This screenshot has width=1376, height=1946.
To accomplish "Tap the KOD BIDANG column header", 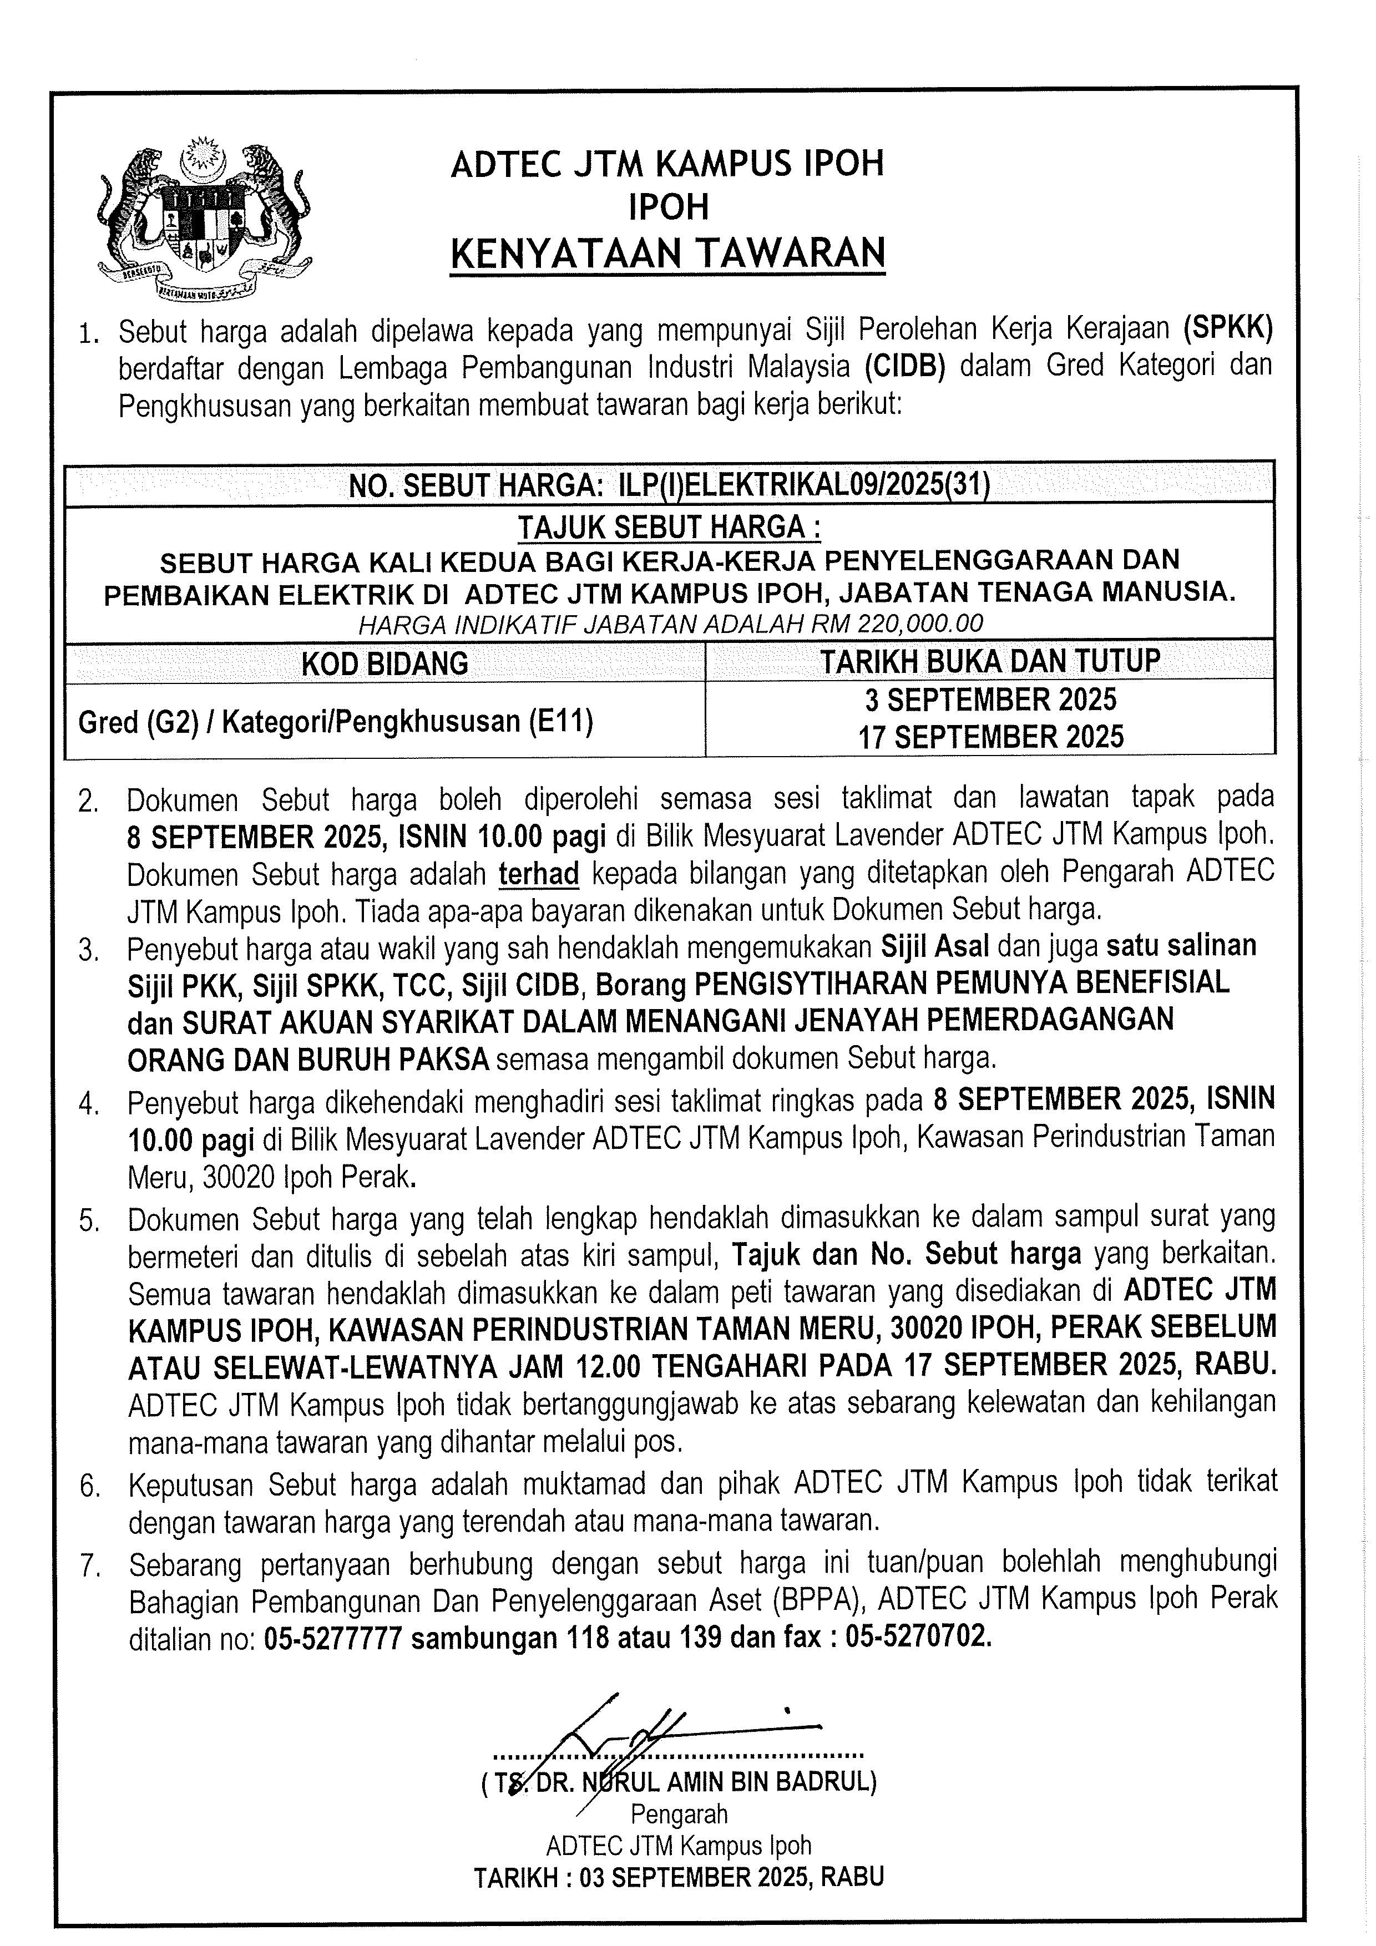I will [385, 663].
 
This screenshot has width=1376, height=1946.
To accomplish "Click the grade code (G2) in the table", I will [158, 721].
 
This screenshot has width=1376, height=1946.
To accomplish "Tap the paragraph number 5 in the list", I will [88, 1220].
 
